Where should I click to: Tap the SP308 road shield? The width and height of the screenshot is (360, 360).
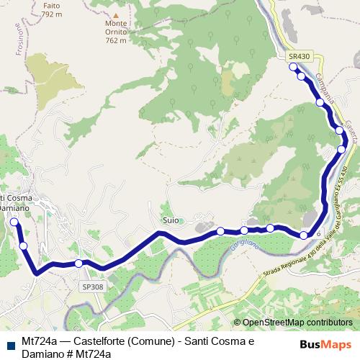[x=92, y=287]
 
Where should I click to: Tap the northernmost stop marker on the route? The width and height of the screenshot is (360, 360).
[x=293, y=67]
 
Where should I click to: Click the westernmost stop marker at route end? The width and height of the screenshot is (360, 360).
[x=14, y=222]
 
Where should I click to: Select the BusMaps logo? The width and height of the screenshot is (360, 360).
[x=325, y=344]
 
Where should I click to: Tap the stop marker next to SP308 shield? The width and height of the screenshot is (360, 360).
[x=78, y=264]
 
